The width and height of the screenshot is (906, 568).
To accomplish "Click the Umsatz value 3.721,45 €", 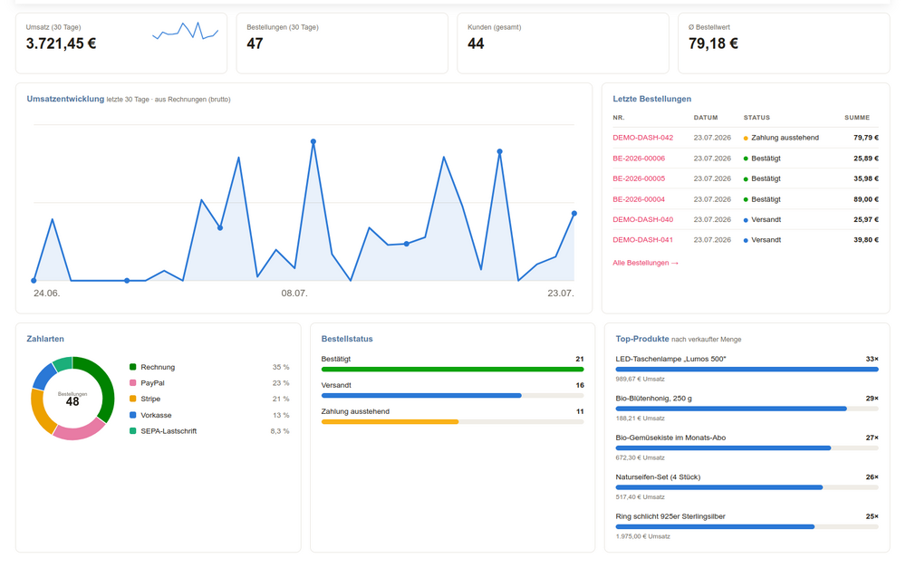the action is click(62, 43).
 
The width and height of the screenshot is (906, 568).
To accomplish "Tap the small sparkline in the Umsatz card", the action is click(186, 31).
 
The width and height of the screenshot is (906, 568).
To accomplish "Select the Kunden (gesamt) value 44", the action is click(476, 43).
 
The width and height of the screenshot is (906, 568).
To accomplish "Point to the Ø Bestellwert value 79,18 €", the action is click(713, 43).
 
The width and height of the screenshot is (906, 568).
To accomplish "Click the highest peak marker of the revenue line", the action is click(313, 141).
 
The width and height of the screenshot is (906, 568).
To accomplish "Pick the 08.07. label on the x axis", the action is click(294, 293).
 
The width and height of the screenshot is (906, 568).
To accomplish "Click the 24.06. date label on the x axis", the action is click(47, 293).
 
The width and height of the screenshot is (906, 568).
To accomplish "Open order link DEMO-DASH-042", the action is click(642, 138).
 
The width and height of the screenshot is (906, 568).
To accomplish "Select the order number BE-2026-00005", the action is click(639, 178).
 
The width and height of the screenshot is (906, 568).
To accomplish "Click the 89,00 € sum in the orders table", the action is click(865, 199).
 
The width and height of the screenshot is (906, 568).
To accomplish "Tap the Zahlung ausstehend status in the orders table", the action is click(785, 138).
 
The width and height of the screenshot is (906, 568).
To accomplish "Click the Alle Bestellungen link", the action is click(645, 263).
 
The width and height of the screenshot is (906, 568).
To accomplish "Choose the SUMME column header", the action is click(857, 117).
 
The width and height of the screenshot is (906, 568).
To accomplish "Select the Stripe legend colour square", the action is click(133, 399).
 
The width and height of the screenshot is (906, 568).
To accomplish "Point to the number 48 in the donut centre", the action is click(72, 401).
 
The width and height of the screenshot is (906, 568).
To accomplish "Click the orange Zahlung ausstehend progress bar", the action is click(390, 422).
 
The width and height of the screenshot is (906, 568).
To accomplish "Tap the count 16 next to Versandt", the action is click(580, 385).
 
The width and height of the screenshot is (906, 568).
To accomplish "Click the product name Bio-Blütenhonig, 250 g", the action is click(653, 399).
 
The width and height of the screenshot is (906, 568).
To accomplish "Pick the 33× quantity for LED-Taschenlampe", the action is click(872, 359).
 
